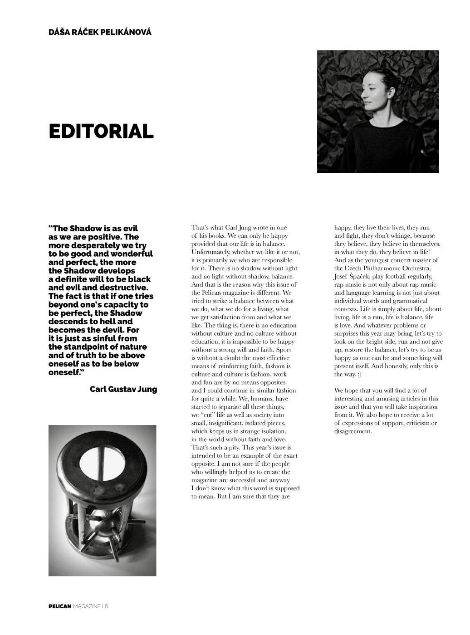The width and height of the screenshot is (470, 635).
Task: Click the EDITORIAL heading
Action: click(x=101, y=132)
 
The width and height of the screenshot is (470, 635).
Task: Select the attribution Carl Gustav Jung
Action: click(x=123, y=389)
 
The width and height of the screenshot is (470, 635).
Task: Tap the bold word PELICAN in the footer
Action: click(x=60, y=606)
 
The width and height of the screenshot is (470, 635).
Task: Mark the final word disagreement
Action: click(x=353, y=432)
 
